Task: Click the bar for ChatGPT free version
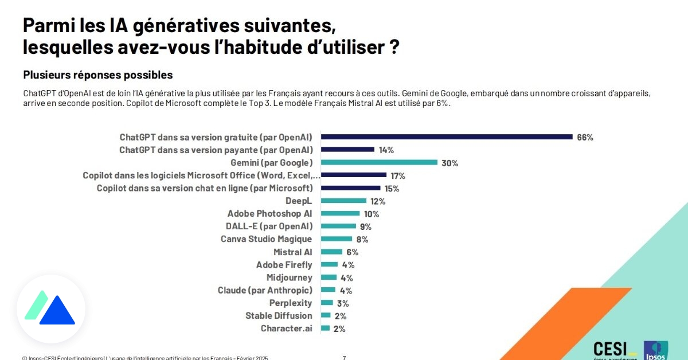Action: click(x=447, y=137)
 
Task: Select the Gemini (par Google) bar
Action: click(x=379, y=163)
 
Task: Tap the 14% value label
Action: click(x=386, y=150)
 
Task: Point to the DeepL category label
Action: click(x=299, y=201)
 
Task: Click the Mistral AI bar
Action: click(x=331, y=252)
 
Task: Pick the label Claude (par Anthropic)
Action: click(x=265, y=291)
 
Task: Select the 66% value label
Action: click(x=585, y=138)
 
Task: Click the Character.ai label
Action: click(x=286, y=329)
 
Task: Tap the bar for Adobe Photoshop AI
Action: click(x=340, y=214)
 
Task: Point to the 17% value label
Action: click(x=398, y=176)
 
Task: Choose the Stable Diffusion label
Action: click(x=279, y=316)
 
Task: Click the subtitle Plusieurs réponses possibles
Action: click(x=98, y=75)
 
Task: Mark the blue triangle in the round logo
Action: click(x=57, y=311)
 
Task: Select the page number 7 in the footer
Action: click(x=344, y=358)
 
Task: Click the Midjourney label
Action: click(x=290, y=278)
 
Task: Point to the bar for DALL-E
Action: click(x=338, y=226)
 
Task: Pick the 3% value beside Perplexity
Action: click(x=342, y=304)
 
